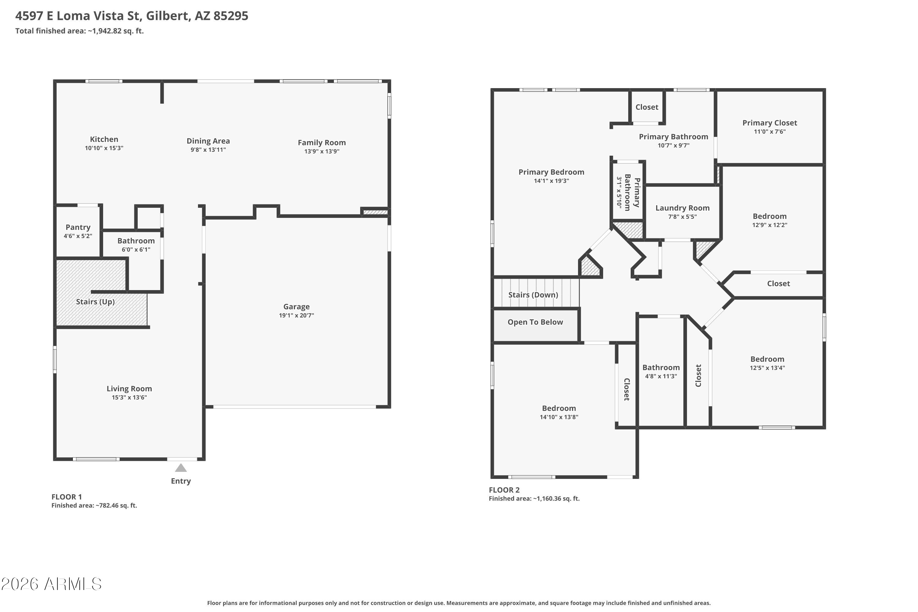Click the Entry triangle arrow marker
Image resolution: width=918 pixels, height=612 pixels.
[x=181, y=468]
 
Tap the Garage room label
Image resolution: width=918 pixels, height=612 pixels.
[x=296, y=307]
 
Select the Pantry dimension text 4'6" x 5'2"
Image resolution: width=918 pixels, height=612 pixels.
[x=78, y=236]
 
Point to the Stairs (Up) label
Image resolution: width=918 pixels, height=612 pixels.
[x=95, y=302]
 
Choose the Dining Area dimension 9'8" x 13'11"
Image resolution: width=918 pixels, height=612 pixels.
[x=208, y=150]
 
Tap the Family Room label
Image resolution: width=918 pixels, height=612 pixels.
[x=322, y=143]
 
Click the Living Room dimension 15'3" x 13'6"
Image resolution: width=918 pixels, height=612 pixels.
[x=129, y=397]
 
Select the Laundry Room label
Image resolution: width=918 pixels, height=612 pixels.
[x=682, y=208]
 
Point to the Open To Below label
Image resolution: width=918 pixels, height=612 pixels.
[x=535, y=322]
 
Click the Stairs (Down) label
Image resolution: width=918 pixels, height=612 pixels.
[x=533, y=295]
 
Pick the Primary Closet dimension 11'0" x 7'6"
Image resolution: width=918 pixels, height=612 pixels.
[x=770, y=132]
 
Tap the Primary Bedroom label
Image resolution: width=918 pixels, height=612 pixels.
[x=551, y=172]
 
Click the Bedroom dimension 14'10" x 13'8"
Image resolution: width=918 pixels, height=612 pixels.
[x=559, y=417]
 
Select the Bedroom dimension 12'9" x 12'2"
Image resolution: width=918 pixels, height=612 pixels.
[x=770, y=225]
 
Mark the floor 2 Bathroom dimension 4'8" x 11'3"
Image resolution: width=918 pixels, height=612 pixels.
[x=661, y=376]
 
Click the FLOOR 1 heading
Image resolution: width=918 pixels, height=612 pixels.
[x=67, y=497]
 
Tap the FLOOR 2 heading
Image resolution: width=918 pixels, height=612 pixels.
[x=504, y=490]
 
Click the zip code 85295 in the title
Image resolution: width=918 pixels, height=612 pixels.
[x=231, y=16]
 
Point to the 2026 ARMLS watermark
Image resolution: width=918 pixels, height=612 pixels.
[x=51, y=584]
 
